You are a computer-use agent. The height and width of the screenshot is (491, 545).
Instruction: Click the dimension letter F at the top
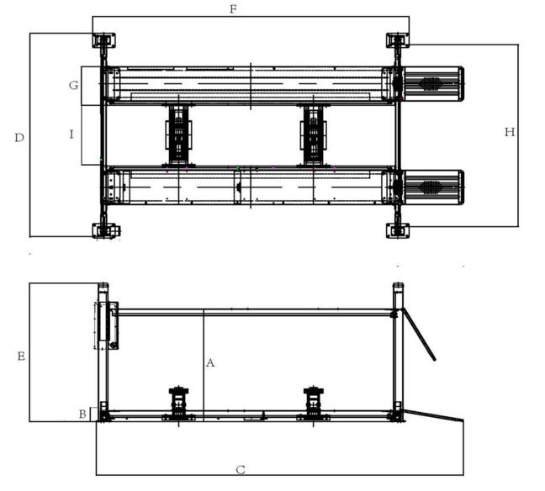(x=233, y=9)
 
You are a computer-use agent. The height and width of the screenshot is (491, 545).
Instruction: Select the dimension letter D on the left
(x=19, y=138)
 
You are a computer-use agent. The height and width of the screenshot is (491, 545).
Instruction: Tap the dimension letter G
(x=74, y=85)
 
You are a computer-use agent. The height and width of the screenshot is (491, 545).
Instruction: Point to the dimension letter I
(x=71, y=135)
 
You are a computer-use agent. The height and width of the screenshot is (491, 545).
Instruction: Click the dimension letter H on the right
(x=510, y=132)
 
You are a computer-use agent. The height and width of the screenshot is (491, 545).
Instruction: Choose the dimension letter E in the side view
(x=21, y=356)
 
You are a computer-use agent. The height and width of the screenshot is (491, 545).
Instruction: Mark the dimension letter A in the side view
(x=210, y=363)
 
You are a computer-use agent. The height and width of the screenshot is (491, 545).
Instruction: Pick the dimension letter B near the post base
(x=82, y=414)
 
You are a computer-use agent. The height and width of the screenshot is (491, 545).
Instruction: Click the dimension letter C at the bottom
(x=241, y=470)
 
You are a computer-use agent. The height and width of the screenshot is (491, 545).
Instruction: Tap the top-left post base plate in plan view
(x=104, y=40)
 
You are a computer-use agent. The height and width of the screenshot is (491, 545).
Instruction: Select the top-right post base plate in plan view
(x=398, y=40)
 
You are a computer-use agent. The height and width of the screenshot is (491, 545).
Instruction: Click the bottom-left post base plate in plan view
(x=106, y=230)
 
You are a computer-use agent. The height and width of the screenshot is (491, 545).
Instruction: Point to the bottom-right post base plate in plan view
(x=398, y=230)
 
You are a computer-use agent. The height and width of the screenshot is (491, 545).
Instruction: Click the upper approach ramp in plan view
(x=433, y=84)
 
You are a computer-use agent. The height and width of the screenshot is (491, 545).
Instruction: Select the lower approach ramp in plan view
(x=433, y=187)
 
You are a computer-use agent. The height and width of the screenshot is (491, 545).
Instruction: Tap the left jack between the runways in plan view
(x=178, y=135)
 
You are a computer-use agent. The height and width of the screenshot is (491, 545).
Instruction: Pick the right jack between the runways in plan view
(x=314, y=135)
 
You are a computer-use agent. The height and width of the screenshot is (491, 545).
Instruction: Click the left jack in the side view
(x=178, y=404)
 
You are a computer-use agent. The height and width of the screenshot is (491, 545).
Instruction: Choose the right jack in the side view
(x=314, y=404)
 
